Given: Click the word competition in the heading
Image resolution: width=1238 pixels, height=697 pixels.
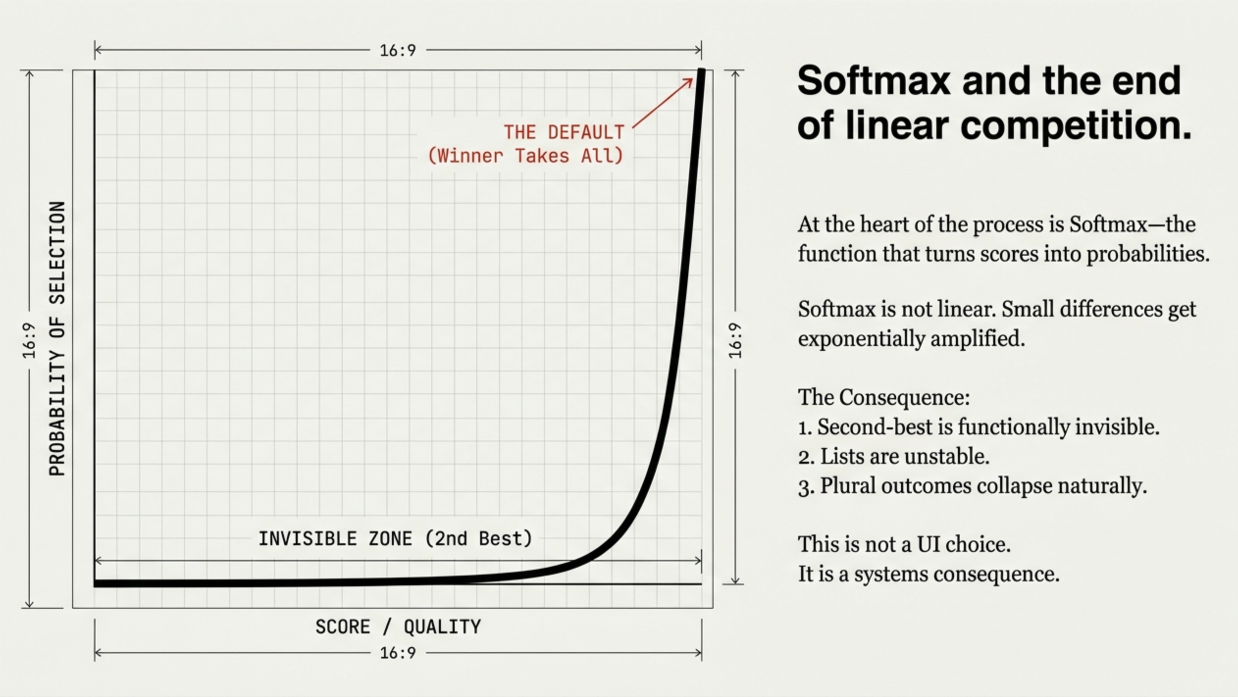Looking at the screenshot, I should (x=1076, y=126).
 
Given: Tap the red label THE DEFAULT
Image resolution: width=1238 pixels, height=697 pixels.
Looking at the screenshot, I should (x=564, y=133).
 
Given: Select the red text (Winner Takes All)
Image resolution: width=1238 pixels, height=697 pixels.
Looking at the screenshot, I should (x=525, y=156).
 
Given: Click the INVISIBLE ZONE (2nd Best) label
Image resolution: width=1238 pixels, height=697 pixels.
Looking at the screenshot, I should (x=395, y=539).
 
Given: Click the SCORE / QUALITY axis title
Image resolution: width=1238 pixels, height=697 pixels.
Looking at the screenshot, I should (x=398, y=627).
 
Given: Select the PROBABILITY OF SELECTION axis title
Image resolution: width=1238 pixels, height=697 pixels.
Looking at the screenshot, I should (x=57, y=339).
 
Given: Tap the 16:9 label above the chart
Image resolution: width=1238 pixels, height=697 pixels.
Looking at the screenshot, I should (x=398, y=50).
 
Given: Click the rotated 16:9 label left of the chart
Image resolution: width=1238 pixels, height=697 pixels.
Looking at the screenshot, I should (x=29, y=341).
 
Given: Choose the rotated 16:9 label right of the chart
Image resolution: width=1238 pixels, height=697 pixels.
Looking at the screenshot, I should (x=735, y=341).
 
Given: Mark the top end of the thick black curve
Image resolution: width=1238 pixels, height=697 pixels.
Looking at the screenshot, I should (x=701, y=72).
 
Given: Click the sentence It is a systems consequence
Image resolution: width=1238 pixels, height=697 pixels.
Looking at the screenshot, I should (x=928, y=574).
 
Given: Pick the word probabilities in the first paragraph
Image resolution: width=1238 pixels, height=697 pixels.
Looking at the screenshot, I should (x=1147, y=254).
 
